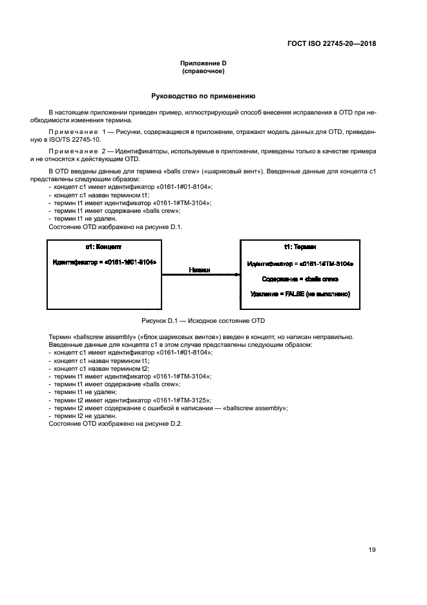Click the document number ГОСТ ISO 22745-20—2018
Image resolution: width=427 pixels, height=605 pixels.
coord(331,44)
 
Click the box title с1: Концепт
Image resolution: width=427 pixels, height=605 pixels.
coord(103,247)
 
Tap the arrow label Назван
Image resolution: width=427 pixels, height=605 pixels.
coord(200,270)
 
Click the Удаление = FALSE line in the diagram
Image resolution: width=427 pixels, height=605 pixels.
coord(300,294)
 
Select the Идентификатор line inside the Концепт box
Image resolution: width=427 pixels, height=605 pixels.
coord(103,262)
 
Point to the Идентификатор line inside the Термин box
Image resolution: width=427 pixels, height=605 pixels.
coord(300,264)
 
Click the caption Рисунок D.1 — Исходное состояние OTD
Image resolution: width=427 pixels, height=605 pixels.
coord(203,321)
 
